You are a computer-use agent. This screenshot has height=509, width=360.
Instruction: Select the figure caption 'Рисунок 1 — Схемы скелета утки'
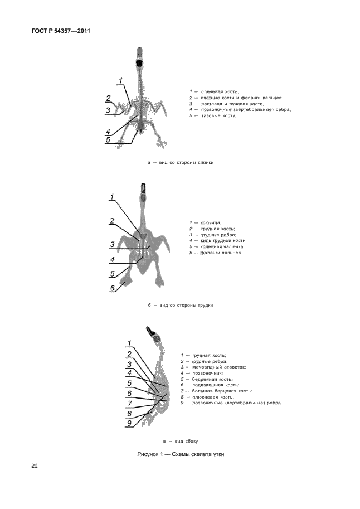point(181,454)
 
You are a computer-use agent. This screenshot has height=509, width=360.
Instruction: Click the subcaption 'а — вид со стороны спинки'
point(180,162)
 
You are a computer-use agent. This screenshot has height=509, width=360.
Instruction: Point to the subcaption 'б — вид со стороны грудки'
point(180,305)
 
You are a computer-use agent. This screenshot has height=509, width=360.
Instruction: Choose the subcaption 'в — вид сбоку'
point(180,440)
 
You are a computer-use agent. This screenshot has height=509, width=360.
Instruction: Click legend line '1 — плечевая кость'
point(215,91)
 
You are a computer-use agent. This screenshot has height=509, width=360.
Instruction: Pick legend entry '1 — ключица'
point(205,222)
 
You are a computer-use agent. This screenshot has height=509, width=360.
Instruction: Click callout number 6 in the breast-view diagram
point(112,288)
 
